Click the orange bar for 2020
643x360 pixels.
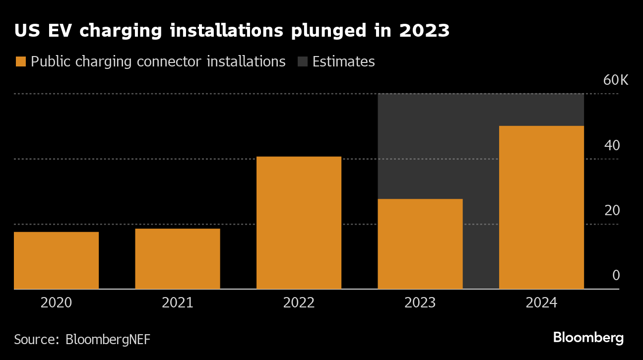click(56, 260)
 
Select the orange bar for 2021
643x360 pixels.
click(178, 258)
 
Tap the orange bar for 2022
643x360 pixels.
click(299, 223)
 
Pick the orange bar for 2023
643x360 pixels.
click(420, 244)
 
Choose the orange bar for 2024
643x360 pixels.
click(541, 207)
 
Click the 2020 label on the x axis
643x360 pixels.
click(56, 303)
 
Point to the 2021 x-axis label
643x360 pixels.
click(178, 303)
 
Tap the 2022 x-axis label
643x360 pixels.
click(299, 303)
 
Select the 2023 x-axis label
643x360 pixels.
click(420, 303)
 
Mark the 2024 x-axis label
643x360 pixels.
click(541, 303)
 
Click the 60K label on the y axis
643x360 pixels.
click(615, 80)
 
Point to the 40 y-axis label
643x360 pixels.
click(612, 146)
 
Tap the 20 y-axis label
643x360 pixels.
click(612, 211)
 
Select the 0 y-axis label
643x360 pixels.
click(616, 276)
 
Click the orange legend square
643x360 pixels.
click(21, 62)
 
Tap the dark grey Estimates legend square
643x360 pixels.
click(302, 62)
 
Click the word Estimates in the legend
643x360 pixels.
click(343, 62)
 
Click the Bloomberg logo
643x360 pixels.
click(588, 338)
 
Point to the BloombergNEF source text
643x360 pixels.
click(108, 340)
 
